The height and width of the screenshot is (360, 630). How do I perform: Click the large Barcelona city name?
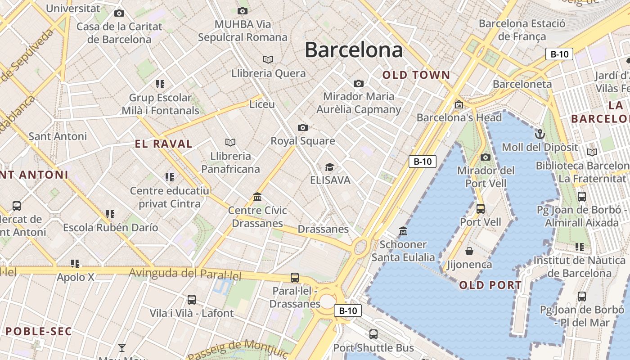coord(354,50)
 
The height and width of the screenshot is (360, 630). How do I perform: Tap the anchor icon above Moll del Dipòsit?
coord(539,134)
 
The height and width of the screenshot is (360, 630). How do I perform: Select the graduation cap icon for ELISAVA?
coord(330,167)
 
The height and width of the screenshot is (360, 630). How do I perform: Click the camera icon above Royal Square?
coord(303,128)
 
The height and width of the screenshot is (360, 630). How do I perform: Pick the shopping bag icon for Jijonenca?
coord(469,251)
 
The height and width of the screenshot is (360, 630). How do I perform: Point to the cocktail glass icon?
coord(121,347)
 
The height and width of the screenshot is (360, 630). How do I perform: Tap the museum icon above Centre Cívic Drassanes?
coord(257,197)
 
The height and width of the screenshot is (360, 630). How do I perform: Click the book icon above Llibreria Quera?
coord(268,59)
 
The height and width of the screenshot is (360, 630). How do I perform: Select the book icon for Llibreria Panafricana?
coord(230,143)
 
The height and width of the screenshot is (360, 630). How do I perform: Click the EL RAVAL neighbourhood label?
coord(164,144)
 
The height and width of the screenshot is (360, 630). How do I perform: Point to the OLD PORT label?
coord(490,285)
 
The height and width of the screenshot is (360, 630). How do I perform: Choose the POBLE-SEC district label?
coord(39,332)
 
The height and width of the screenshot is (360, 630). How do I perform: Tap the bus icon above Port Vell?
coord(481,209)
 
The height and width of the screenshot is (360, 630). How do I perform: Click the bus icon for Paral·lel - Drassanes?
coord(295,278)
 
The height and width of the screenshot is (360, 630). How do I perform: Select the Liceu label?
coord(262,104)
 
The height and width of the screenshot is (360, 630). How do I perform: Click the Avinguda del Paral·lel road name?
coord(185,274)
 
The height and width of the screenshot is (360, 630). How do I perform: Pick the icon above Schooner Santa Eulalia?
coord(403,231)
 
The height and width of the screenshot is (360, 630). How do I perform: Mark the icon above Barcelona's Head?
coord(459,104)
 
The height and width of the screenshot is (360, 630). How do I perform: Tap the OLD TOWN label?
coord(416,75)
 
